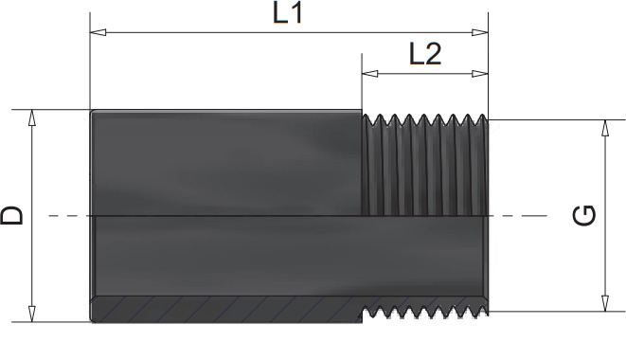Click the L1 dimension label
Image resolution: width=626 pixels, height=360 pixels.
(287, 13)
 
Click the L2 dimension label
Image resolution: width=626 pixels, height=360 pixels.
(425, 54)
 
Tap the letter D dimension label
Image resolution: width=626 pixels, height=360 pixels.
(12, 215)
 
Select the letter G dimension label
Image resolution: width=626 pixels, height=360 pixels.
(584, 215)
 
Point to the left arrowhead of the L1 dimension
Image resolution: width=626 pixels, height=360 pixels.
(98, 32)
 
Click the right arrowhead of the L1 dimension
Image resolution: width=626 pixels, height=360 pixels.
(480, 32)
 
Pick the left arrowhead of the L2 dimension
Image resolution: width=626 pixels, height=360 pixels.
(369, 74)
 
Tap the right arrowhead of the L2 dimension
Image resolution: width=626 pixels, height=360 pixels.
(480, 74)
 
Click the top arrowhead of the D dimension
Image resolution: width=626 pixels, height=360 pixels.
(32, 117)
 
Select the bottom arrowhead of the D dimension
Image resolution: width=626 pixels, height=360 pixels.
(32, 314)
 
